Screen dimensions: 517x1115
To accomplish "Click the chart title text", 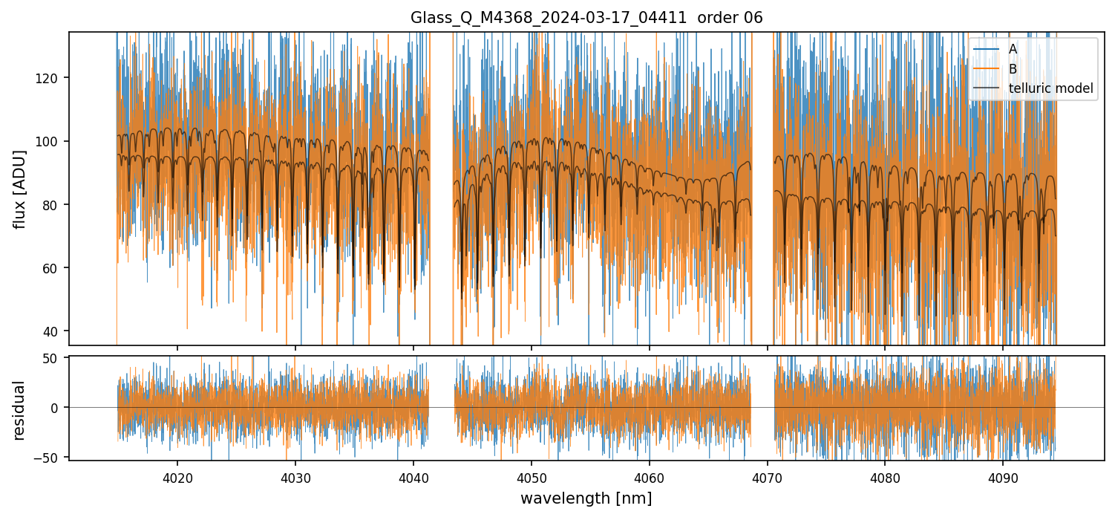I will point(586,18).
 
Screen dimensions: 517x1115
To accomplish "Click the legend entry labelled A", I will point(1013,49).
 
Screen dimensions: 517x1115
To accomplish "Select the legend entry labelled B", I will point(1013,69).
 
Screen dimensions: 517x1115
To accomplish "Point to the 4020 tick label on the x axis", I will point(177,478).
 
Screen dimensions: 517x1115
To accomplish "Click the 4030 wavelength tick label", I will point(295,478).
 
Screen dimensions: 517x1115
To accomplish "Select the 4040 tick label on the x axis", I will point(413,478).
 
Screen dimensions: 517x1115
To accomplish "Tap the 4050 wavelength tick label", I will point(532,478).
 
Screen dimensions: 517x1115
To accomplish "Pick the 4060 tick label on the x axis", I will point(650,478).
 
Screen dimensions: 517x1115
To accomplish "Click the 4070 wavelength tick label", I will point(768,478).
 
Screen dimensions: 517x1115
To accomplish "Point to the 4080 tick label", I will point(885,478).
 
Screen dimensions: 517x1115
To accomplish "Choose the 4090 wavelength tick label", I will point(1003,478).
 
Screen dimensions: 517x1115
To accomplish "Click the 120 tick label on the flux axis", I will point(48,78).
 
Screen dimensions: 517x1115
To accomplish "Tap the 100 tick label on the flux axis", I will point(48,141).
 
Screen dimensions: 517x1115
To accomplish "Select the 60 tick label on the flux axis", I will point(51,267).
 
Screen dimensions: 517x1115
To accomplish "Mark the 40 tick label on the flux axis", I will point(51,331).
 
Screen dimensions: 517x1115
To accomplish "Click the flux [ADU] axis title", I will point(20,189).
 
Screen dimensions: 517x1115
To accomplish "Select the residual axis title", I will point(20,410).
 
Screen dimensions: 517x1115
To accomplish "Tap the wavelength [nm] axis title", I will point(586,498).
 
